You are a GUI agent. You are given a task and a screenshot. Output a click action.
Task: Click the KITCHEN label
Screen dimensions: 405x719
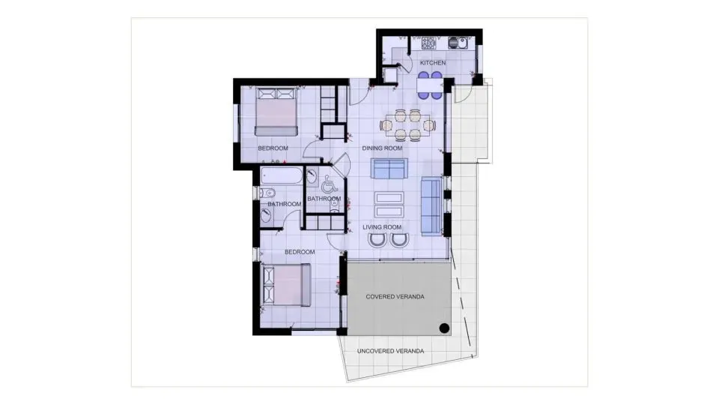coord(433,63)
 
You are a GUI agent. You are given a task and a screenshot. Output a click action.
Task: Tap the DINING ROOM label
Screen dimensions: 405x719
coord(383,148)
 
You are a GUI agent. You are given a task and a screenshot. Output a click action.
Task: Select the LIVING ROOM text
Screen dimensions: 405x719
coord(383,227)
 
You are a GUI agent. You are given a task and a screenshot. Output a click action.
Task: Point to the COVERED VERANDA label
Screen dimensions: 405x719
coord(395,297)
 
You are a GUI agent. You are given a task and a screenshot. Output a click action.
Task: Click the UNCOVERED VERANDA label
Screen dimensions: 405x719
coord(390,351)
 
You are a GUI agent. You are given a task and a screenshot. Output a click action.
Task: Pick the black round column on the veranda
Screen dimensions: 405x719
coord(443,327)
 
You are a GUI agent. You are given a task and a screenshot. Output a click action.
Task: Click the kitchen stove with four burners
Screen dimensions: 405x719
coord(429,43)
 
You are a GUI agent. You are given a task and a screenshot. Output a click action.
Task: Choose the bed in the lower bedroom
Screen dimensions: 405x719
coord(287,286)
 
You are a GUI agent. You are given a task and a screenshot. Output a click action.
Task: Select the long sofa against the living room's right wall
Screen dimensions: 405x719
coord(431,207)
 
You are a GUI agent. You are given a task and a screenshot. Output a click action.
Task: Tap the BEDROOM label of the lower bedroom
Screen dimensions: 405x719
coord(300,252)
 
